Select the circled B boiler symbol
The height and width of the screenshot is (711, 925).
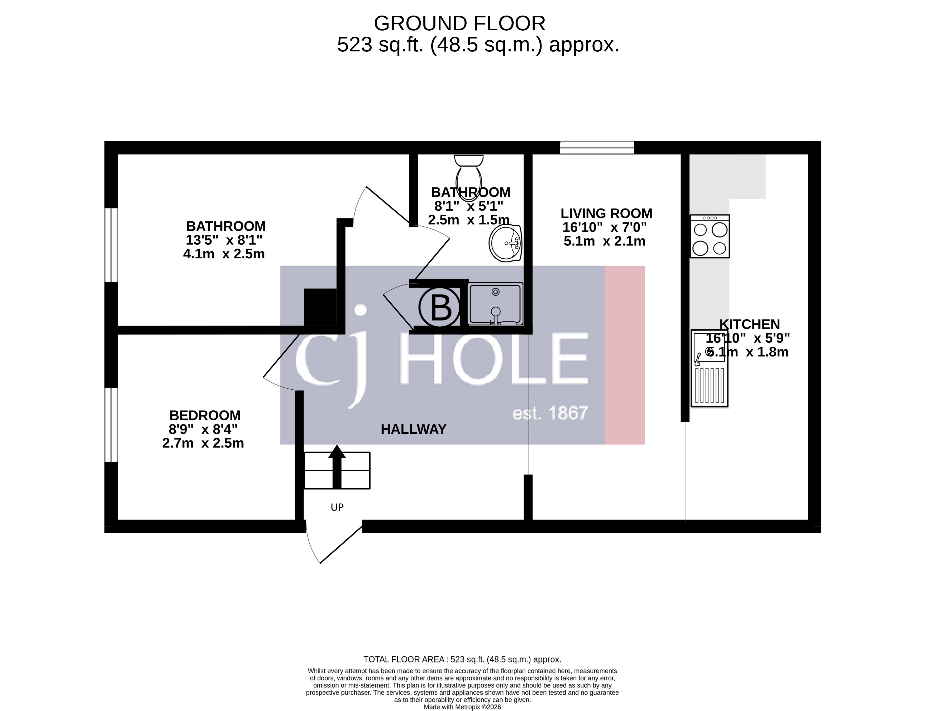click(440, 307)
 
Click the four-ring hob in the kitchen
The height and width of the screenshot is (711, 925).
click(710, 236)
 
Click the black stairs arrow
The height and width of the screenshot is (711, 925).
click(337, 467)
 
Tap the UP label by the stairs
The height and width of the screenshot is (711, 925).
click(337, 507)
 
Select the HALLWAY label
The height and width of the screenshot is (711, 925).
click(414, 429)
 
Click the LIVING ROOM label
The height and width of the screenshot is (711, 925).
click(606, 213)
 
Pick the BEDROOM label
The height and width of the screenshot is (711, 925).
click(205, 415)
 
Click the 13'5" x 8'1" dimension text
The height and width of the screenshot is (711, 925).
click(224, 240)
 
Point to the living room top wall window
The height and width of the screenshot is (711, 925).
click(597, 148)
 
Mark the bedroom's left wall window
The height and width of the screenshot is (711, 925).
click(111, 424)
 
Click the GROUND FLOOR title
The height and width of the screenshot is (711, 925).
click(460, 24)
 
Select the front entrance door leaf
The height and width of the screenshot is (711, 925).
click(341, 545)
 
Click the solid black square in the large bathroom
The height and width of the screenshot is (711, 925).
click(320, 307)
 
